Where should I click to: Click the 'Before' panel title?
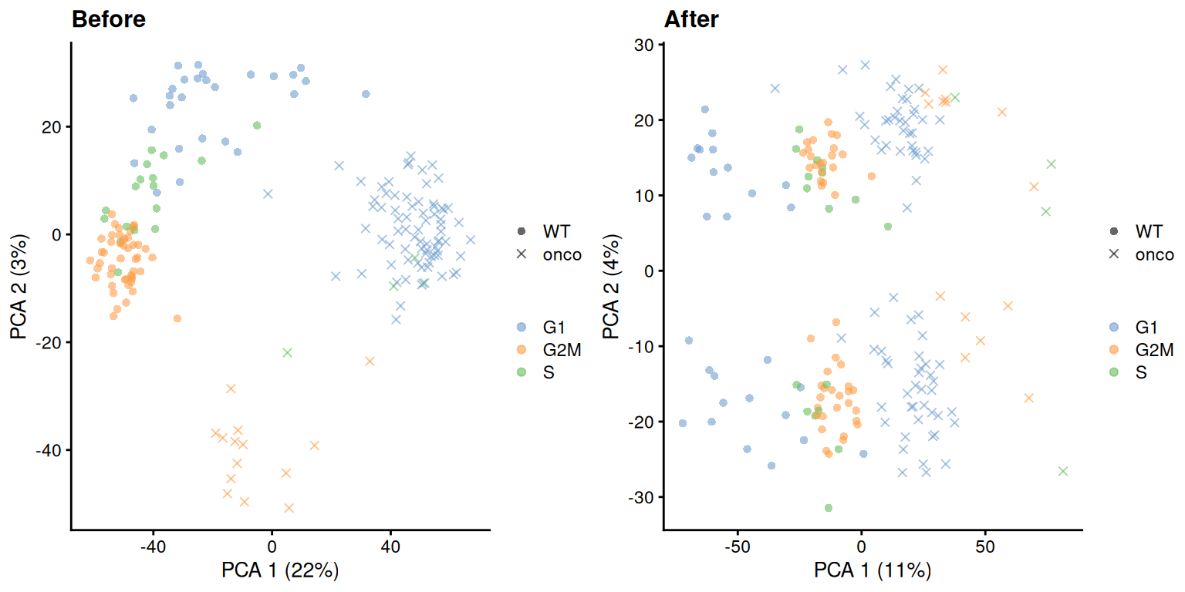pyautogui.click(x=108, y=19)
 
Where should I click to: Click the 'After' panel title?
pyautogui.click(x=690, y=19)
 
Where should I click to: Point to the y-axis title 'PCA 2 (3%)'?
pyautogui.click(x=19, y=285)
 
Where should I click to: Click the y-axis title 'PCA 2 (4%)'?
pyautogui.click(x=612, y=285)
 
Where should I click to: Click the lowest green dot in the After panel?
pyautogui.click(x=829, y=508)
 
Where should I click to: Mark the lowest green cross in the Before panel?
pyautogui.click(x=288, y=352)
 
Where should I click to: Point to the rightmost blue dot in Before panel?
pyautogui.click(x=366, y=94)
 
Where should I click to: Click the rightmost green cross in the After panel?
pyautogui.click(x=1063, y=471)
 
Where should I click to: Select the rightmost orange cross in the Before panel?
pyautogui.click(x=370, y=361)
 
